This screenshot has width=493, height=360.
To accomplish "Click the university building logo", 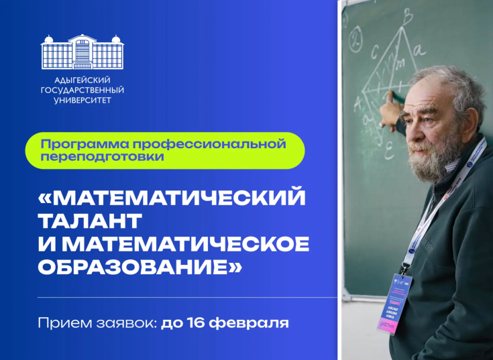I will pyautogui.click(x=82, y=52).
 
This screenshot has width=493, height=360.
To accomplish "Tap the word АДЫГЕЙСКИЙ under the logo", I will pyautogui.click(x=82, y=80).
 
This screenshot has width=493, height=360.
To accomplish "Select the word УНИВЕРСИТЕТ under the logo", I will pyautogui.click(x=82, y=100).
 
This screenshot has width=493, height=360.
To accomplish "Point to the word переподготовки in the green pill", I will pyautogui.click(x=102, y=156).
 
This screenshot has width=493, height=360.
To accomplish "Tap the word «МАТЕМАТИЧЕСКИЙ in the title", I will pyautogui.click(x=172, y=198).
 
